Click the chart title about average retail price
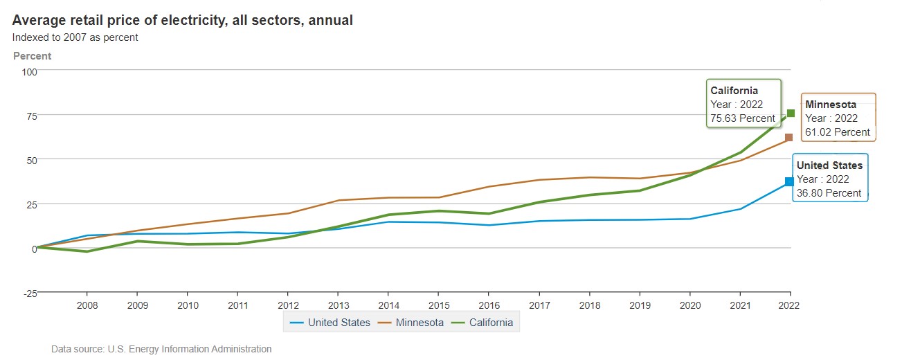pyautogui.click(x=183, y=20)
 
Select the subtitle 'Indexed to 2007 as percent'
pyautogui.click(x=75, y=37)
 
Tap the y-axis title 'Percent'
pyautogui.click(x=33, y=56)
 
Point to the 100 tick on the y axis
pyautogui.click(x=29, y=72)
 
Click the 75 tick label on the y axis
pyautogui.click(x=32, y=116)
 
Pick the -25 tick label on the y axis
pyautogui.click(x=30, y=294)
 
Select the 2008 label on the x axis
pyautogui.click(x=87, y=305)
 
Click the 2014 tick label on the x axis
pyautogui.click(x=388, y=305)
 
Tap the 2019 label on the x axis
pyautogui.click(x=640, y=305)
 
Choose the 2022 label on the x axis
pyautogui.click(x=789, y=305)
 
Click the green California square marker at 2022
pyautogui.click(x=791, y=113)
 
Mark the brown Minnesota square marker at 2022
pyautogui.click(x=789, y=138)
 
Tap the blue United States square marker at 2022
pyautogui.click(x=789, y=181)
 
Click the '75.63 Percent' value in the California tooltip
pyautogui.click(x=743, y=118)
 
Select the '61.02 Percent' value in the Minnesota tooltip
pyautogui.click(x=838, y=132)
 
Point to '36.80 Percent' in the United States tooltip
pyautogui.click(x=829, y=193)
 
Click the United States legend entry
pyautogui.click(x=330, y=323)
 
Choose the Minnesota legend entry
pyautogui.click(x=411, y=323)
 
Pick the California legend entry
pyautogui.click(x=482, y=323)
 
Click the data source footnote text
pyautogui.click(x=161, y=349)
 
